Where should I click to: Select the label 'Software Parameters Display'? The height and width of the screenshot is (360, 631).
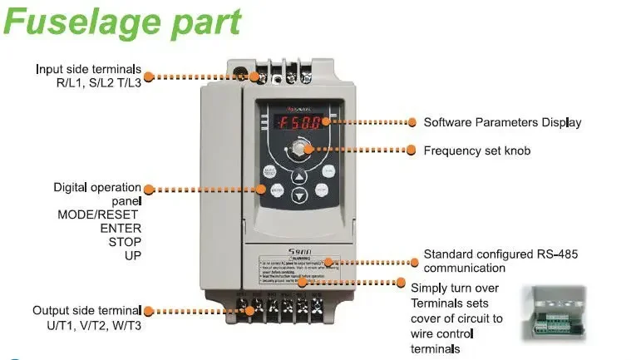[x=502, y=122]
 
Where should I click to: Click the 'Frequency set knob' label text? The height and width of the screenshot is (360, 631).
[x=476, y=150]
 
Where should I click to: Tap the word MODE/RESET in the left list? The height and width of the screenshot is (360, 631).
[x=99, y=214]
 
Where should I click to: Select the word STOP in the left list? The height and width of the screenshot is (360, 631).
[x=125, y=242]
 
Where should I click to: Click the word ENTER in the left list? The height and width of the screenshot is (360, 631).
[x=121, y=228]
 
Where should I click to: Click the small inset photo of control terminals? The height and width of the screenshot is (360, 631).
[x=553, y=313]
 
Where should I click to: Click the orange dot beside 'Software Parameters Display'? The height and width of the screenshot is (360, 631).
[x=412, y=122]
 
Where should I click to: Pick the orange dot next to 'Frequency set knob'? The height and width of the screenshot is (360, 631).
[x=412, y=150]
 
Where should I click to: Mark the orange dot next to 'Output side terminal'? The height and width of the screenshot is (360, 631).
[x=148, y=311]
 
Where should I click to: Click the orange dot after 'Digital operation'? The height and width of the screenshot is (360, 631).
[x=147, y=188]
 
